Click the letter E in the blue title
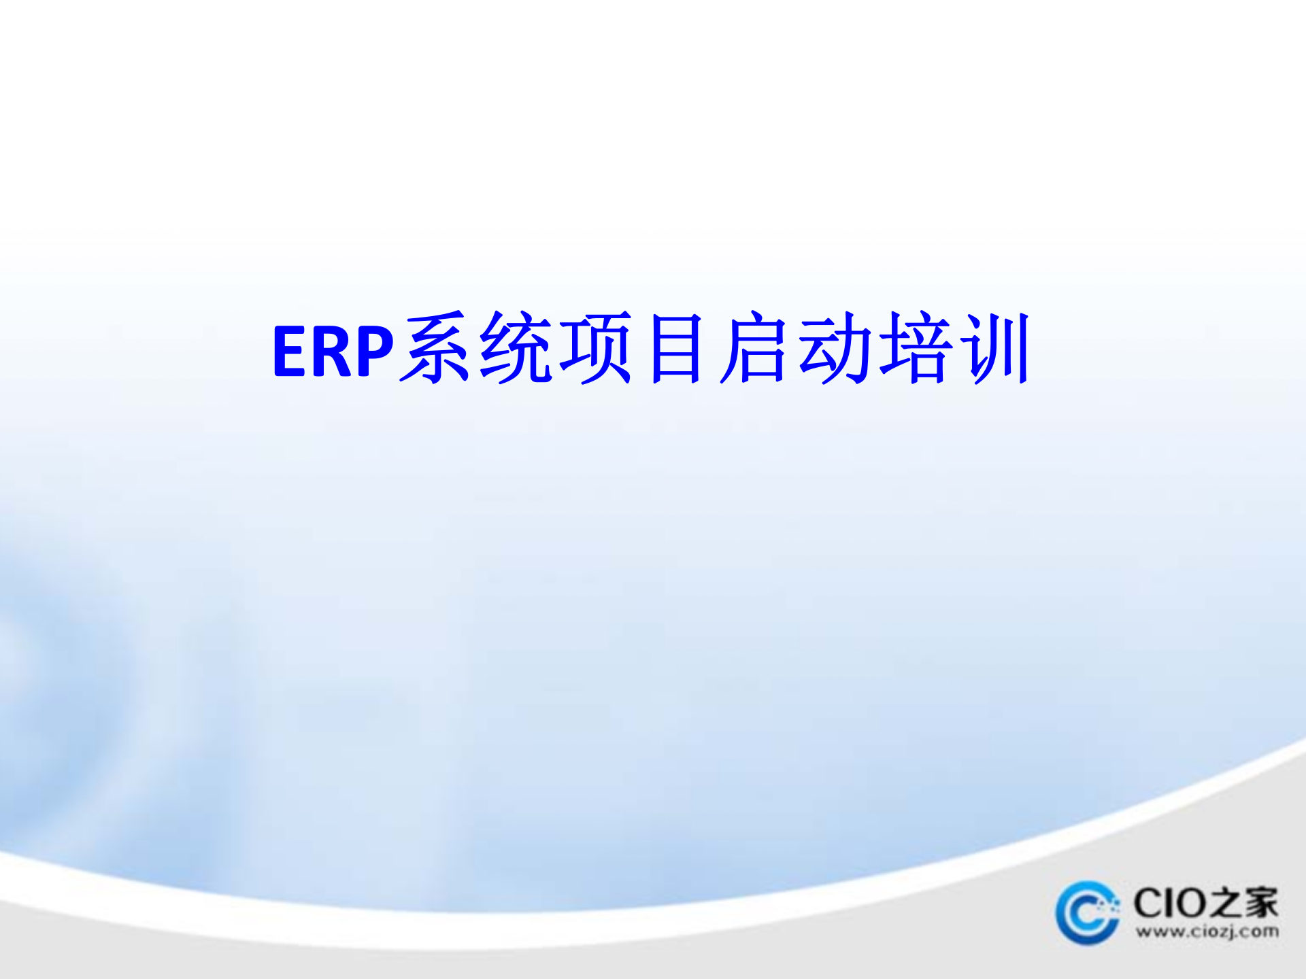tap(289, 351)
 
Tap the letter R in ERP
tap(331, 351)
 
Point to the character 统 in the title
tap(516, 348)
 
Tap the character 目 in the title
tap(675, 348)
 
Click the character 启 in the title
tap(755, 348)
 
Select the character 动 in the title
tap(835, 348)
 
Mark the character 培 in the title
tap(914, 348)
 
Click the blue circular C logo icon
tap(1087, 912)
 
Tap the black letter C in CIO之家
tap(1150, 904)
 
